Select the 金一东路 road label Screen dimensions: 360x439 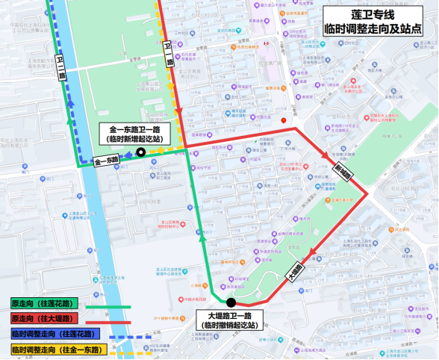point(106,161)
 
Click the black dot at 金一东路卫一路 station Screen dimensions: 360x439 point(140,153)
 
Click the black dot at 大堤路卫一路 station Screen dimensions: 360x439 point(231,302)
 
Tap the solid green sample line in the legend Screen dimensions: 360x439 point(108,305)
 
